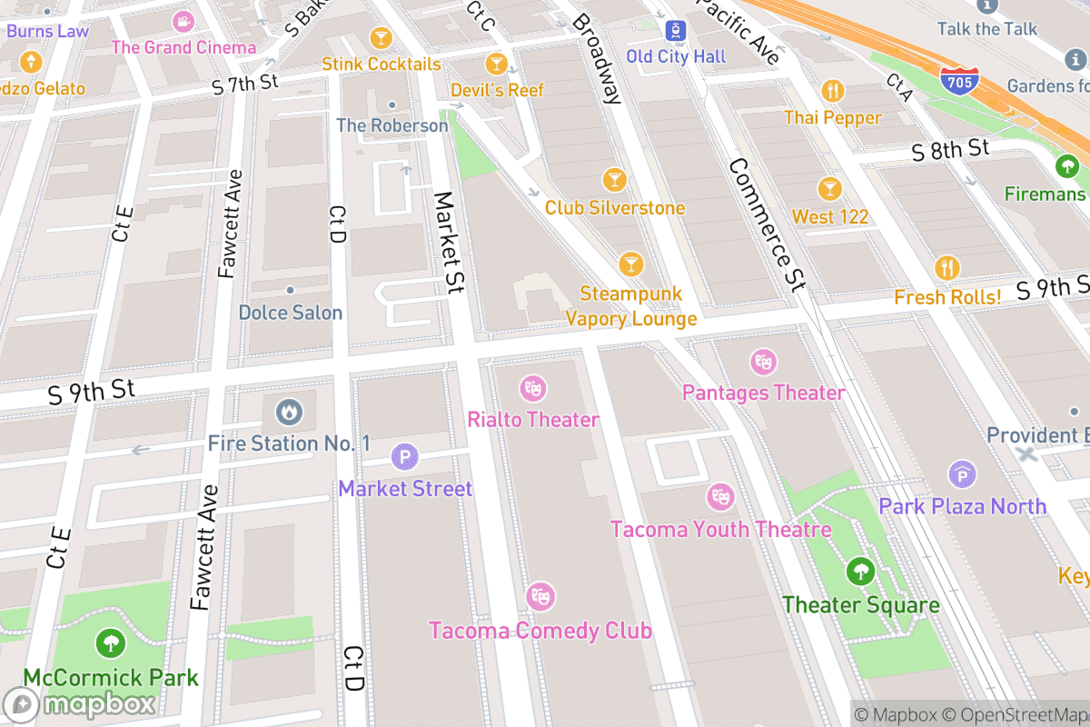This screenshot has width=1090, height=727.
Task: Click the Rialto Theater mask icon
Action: click(x=532, y=389)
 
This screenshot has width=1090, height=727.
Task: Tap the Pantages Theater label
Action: click(x=763, y=393)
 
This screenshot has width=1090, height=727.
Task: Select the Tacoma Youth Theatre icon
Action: click(x=720, y=497)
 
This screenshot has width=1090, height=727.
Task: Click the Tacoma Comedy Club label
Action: click(x=540, y=630)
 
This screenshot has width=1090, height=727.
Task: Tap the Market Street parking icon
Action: click(x=404, y=457)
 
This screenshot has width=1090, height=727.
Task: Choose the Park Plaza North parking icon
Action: click(x=962, y=474)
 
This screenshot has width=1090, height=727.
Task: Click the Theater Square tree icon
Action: click(x=859, y=573)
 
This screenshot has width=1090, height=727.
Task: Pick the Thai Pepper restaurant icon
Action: click(x=833, y=91)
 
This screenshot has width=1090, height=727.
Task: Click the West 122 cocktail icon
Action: click(x=828, y=189)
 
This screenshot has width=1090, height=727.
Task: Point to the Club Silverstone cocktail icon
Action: click(x=615, y=180)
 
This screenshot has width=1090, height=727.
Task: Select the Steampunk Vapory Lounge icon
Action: click(x=630, y=264)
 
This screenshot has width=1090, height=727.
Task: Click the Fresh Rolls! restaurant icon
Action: click(x=947, y=268)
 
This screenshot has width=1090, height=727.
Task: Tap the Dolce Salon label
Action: click(x=291, y=313)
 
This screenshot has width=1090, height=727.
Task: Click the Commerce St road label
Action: click(x=767, y=225)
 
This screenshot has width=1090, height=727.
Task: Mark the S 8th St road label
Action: click(x=950, y=149)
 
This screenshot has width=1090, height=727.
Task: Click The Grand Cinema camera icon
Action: click(x=184, y=21)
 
